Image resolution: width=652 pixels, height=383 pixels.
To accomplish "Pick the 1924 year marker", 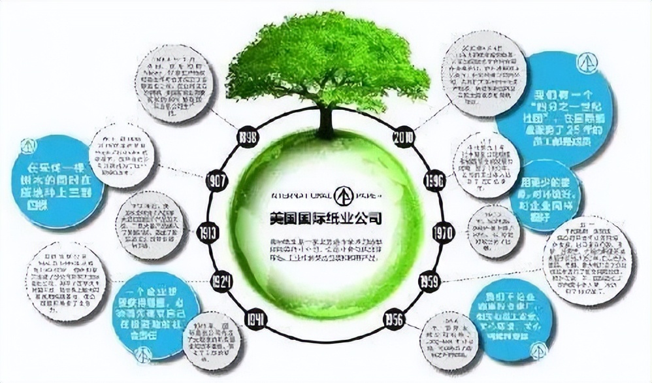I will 222,282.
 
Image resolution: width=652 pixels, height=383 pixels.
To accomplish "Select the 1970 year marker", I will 444,232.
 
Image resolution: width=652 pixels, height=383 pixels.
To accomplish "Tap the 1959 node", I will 431,282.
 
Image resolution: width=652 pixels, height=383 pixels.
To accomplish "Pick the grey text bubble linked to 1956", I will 451,341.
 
